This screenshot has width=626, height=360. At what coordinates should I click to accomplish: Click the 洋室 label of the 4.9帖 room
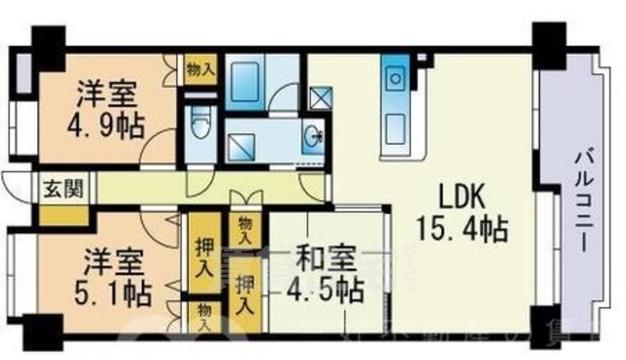pos(107,96)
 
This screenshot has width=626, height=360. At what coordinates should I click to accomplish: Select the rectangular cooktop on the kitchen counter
pos(397,125)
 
